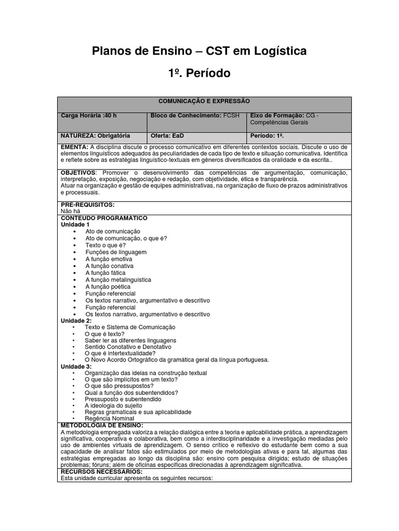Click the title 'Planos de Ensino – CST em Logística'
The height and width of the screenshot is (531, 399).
(x=199, y=51)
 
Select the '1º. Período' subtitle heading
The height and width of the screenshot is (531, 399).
(x=199, y=74)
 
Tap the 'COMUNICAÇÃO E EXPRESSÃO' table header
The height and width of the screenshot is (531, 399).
(x=204, y=101)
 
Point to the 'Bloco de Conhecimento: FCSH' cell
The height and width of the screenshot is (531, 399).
(x=195, y=116)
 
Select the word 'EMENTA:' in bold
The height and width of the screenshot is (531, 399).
(x=75, y=147)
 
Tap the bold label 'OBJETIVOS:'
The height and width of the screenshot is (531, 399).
(x=79, y=172)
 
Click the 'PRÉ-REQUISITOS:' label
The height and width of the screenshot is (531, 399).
(x=87, y=205)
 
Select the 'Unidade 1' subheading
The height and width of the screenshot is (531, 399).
(x=75, y=225)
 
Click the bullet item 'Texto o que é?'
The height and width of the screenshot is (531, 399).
(x=105, y=245)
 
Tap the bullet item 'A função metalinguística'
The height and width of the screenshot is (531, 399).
(x=118, y=280)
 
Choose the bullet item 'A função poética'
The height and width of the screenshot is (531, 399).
(x=108, y=286)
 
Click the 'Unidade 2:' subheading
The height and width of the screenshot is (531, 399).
(x=76, y=321)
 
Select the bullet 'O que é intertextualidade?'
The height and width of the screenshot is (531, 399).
(x=120, y=353)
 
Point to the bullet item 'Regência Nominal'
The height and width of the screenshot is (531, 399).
(x=109, y=418)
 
